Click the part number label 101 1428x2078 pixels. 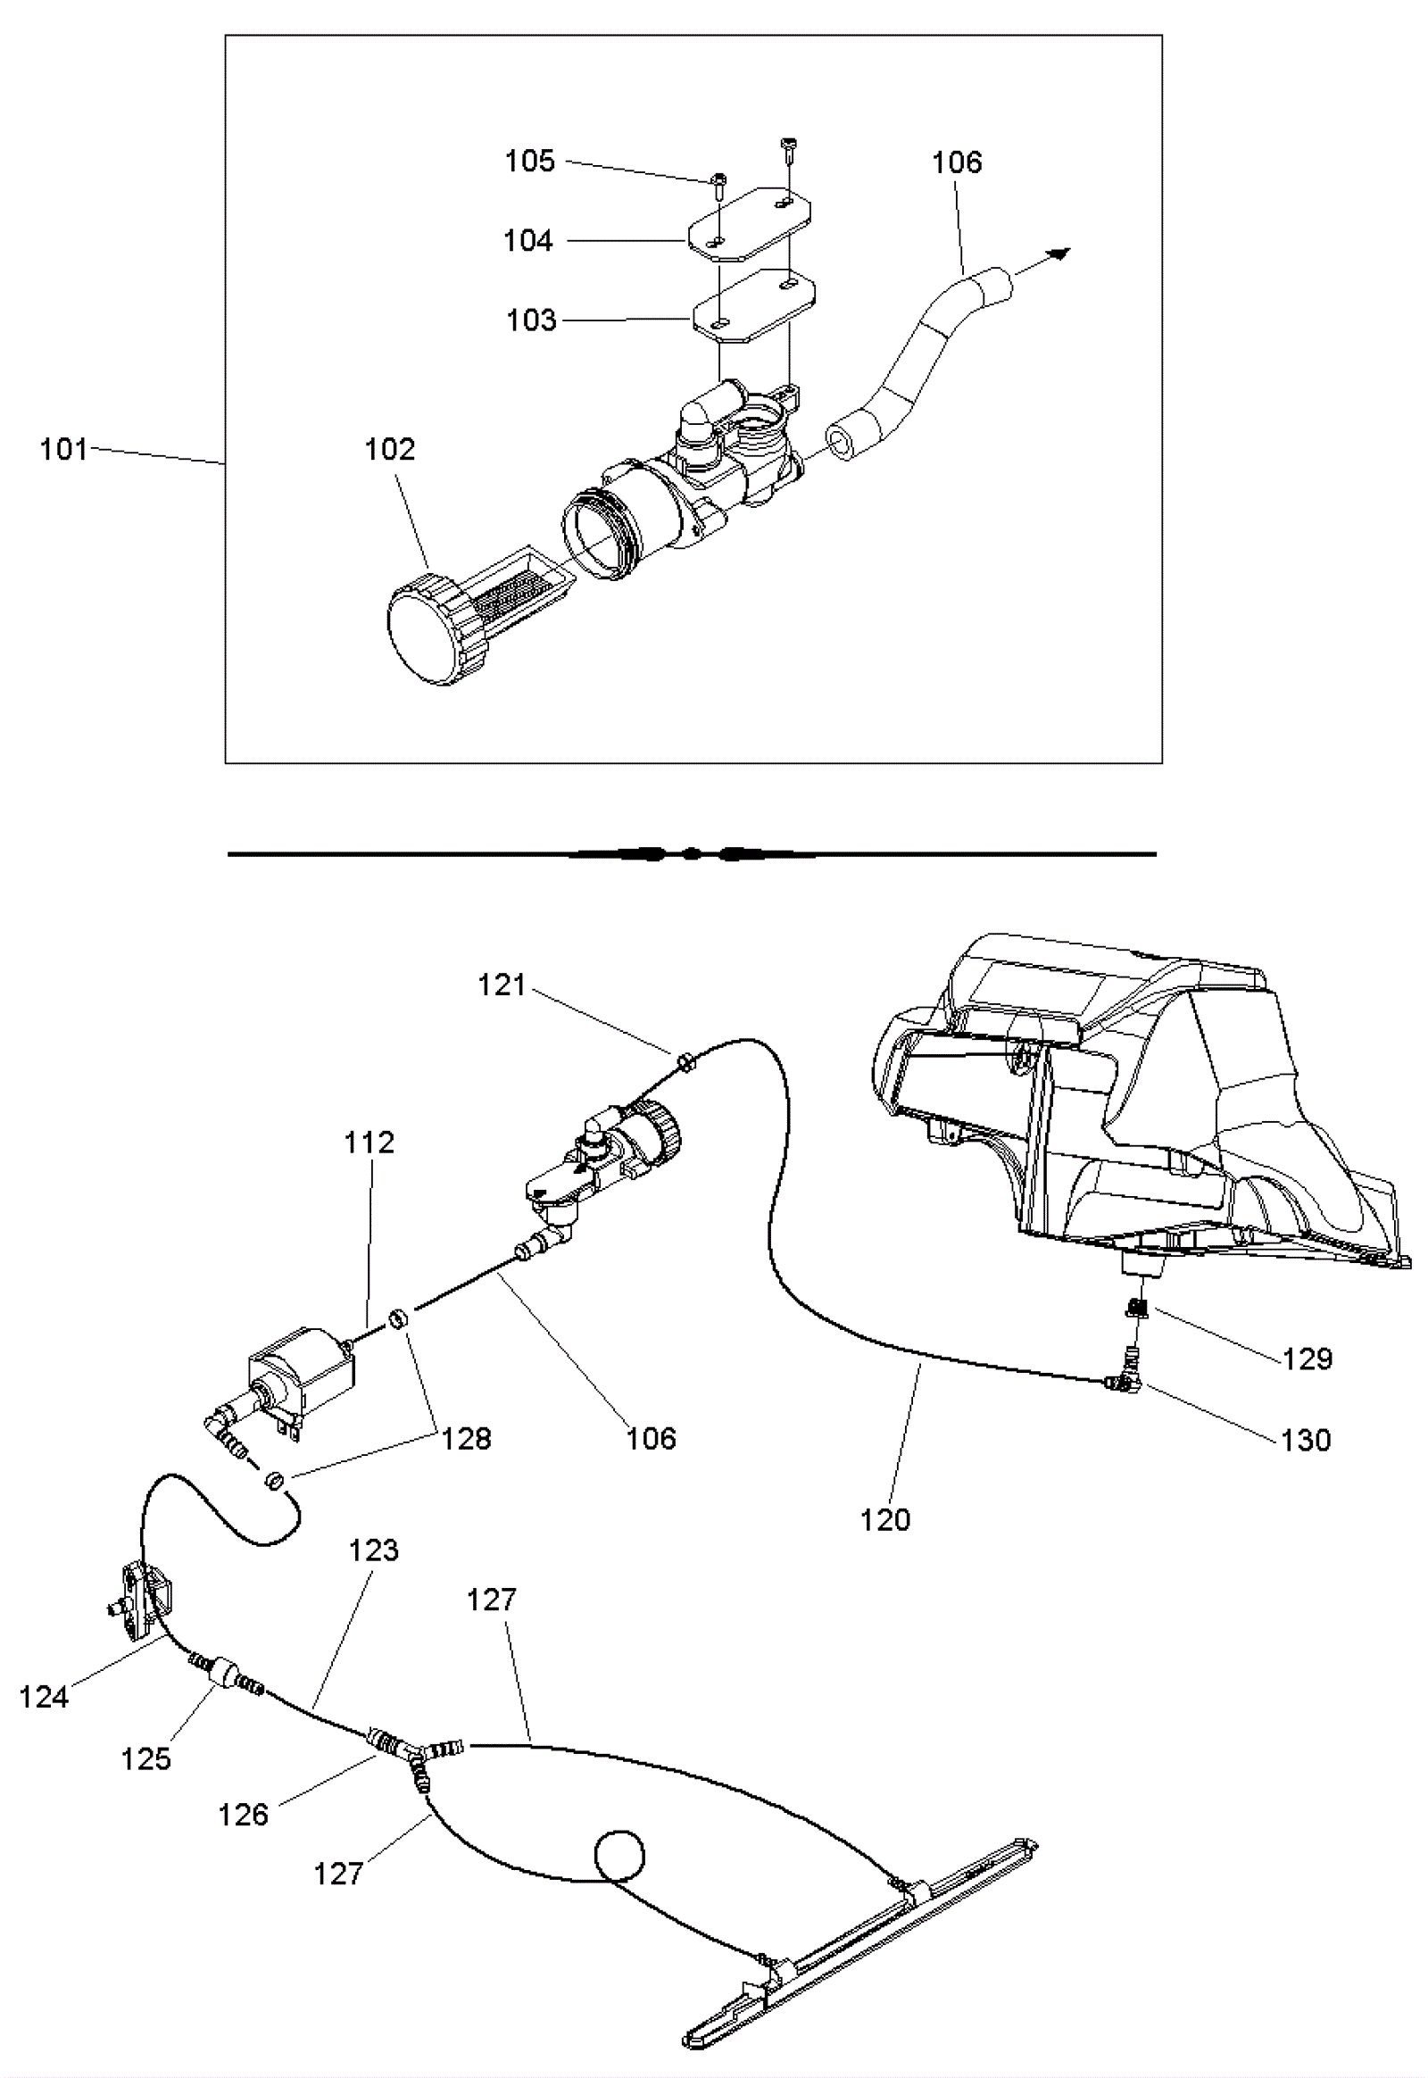tap(63, 449)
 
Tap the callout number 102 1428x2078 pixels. tap(390, 449)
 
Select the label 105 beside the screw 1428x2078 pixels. tap(530, 161)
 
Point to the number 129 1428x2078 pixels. tap(1308, 1359)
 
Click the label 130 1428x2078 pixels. tap(1307, 1440)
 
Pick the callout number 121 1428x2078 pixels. tap(502, 985)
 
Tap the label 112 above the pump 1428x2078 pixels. tap(369, 1143)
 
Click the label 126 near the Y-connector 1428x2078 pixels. tap(244, 1814)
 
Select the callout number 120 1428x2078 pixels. tap(884, 1519)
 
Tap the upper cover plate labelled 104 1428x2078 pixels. tap(750, 224)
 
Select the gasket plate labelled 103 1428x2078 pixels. tap(752, 306)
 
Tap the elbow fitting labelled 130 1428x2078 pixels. tap(1123, 1384)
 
